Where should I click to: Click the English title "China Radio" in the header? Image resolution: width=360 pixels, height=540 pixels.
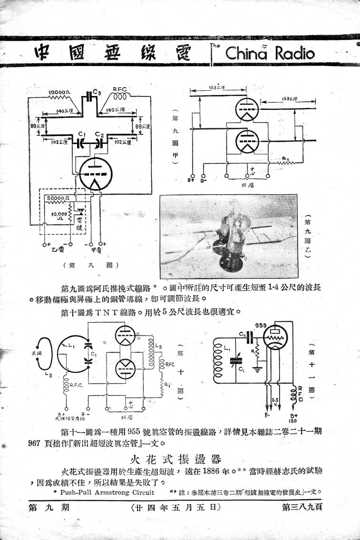coord(270,53)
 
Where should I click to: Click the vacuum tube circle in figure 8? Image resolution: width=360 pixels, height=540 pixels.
coord(96,174)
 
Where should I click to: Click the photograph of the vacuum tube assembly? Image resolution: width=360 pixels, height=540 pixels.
coord(229,236)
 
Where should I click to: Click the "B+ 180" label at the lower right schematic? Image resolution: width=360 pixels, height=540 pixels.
coord(300,417)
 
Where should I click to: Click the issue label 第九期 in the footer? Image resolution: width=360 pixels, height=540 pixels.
coord(50,508)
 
